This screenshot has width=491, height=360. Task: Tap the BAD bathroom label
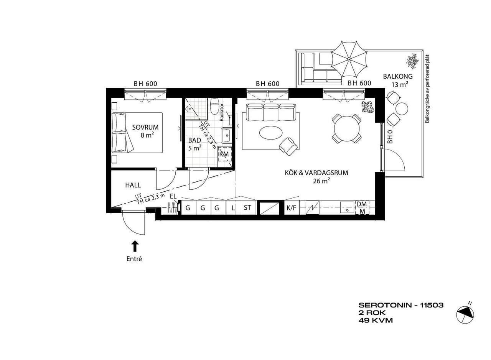[x=194, y=140]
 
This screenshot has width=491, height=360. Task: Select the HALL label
[x=133, y=185]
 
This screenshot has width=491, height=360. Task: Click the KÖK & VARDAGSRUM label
[x=316, y=173]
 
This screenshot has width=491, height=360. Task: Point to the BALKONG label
[x=398, y=76]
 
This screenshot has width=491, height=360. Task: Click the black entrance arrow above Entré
[x=135, y=246]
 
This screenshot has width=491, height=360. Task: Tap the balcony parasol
[x=349, y=59]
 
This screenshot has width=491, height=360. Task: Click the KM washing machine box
[x=224, y=154]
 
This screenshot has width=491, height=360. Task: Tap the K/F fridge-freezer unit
[x=291, y=208]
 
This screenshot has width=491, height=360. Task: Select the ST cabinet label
[x=247, y=207]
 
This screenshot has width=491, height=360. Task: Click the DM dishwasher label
[x=362, y=204]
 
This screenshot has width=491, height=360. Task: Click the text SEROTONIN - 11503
[x=401, y=305]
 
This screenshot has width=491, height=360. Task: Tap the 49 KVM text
[x=376, y=321]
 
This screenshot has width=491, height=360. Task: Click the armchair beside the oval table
[x=289, y=146]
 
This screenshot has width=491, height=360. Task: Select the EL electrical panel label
[x=173, y=197]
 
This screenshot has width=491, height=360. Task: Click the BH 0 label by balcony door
[x=390, y=138]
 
